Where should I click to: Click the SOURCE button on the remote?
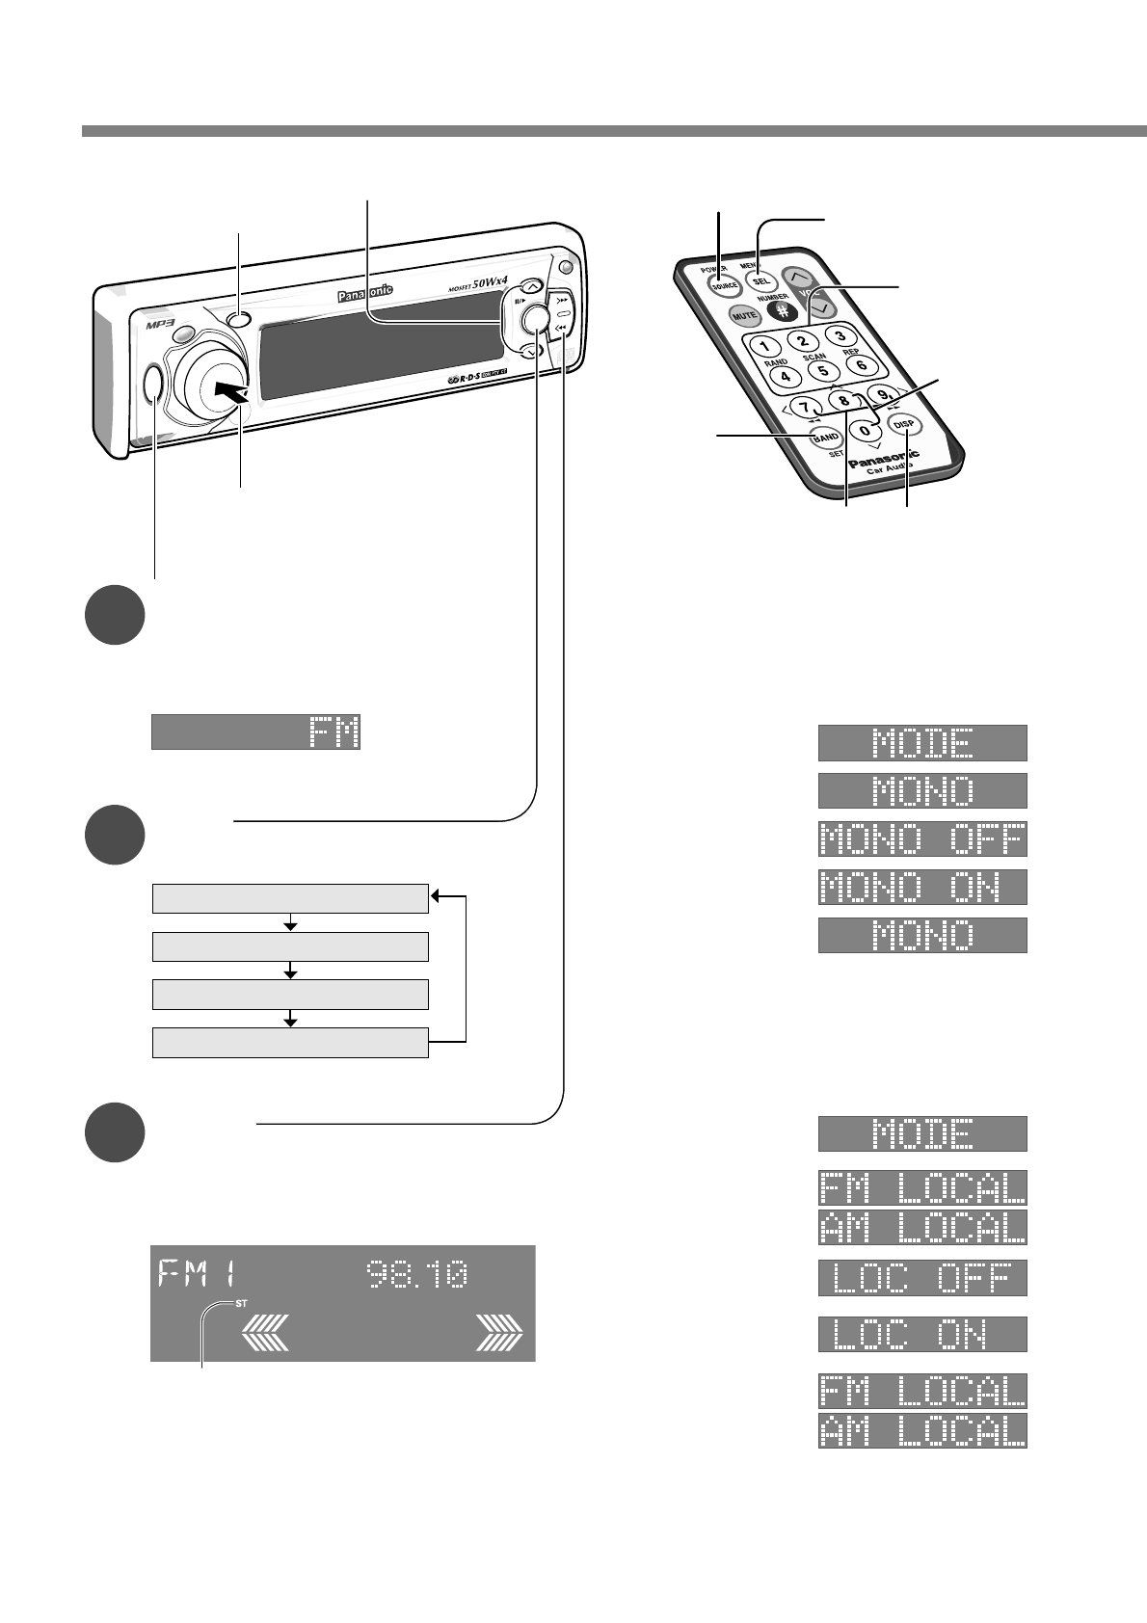(x=724, y=285)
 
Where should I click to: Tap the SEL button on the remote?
(x=759, y=273)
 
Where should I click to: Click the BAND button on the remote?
(x=800, y=437)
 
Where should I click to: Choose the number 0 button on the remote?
(x=867, y=431)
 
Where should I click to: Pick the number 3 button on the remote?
(x=840, y=335)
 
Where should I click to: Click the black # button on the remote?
(x=783, y=310)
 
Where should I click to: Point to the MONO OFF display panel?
(x=922, y=838)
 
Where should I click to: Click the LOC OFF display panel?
(x=922, y=1277)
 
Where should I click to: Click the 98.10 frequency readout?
(x=418, y=1276)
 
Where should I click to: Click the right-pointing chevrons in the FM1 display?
(x=499, y=1336)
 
